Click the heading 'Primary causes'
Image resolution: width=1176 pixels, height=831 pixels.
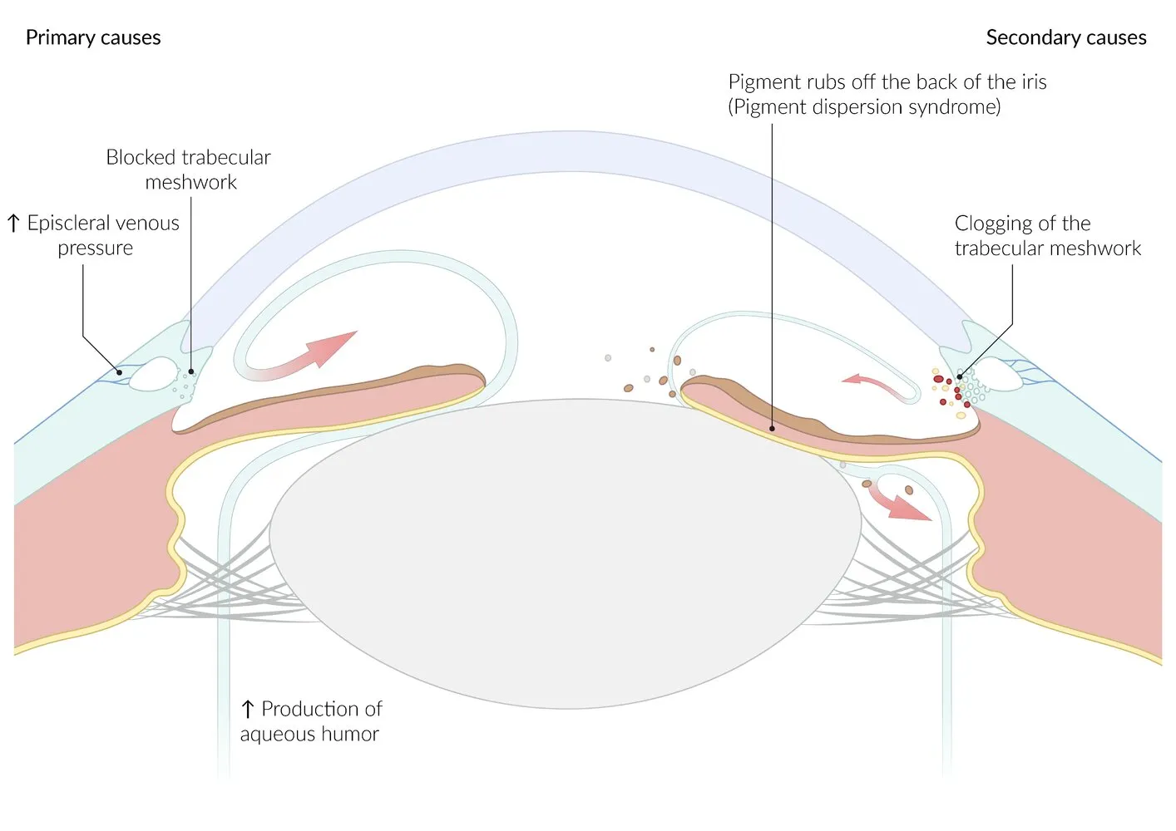coord(93,37)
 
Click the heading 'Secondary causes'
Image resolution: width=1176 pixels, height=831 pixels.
coord(1065,37)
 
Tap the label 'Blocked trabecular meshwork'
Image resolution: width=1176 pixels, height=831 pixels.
coord(189,170)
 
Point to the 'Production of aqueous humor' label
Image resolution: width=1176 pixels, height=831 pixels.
coord(311,721)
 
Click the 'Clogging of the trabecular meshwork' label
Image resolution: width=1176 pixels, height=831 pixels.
coord(1047,235)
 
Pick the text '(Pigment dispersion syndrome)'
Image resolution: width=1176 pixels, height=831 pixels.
coord(864,107)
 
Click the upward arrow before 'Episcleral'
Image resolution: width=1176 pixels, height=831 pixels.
coord(13,223)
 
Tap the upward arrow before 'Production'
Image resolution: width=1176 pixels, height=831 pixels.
coord(247,709)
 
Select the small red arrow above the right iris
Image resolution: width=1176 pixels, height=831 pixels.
coord(872,383)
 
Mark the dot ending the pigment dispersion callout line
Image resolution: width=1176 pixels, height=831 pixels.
coord(772,429)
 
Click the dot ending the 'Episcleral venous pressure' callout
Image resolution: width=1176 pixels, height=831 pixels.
coord(119,372)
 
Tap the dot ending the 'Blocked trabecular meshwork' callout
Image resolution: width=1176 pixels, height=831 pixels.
coord(191,371)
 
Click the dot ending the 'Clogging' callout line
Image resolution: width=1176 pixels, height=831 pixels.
coord(959,376)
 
